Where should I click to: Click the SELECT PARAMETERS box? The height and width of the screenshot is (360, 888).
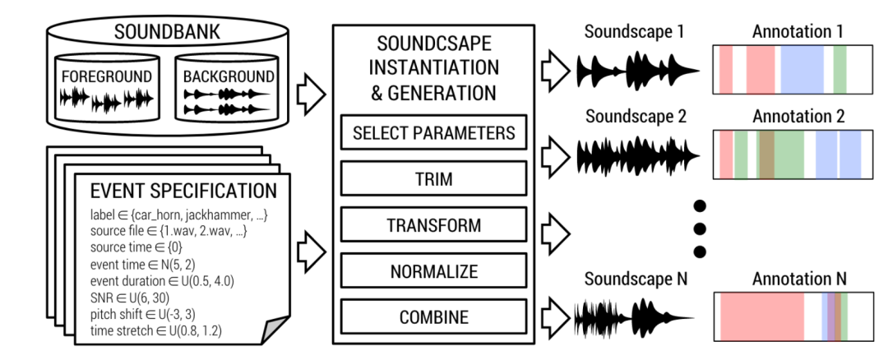[433, 132]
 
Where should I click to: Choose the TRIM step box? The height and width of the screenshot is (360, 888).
[433, 178]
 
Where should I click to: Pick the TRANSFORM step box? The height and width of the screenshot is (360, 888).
[433, 224]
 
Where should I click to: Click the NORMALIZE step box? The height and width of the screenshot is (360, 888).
[433, 270]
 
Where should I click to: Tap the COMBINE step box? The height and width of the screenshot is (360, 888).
[433, 316]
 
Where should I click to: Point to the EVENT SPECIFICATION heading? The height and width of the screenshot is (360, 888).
[183, 192]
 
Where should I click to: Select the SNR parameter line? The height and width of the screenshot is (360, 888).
[132, 298]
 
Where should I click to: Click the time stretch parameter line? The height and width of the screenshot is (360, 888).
[156, 330]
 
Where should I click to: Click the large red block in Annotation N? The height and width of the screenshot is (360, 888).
[762, 317]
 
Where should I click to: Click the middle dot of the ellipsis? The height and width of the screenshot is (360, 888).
[700, 228]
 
